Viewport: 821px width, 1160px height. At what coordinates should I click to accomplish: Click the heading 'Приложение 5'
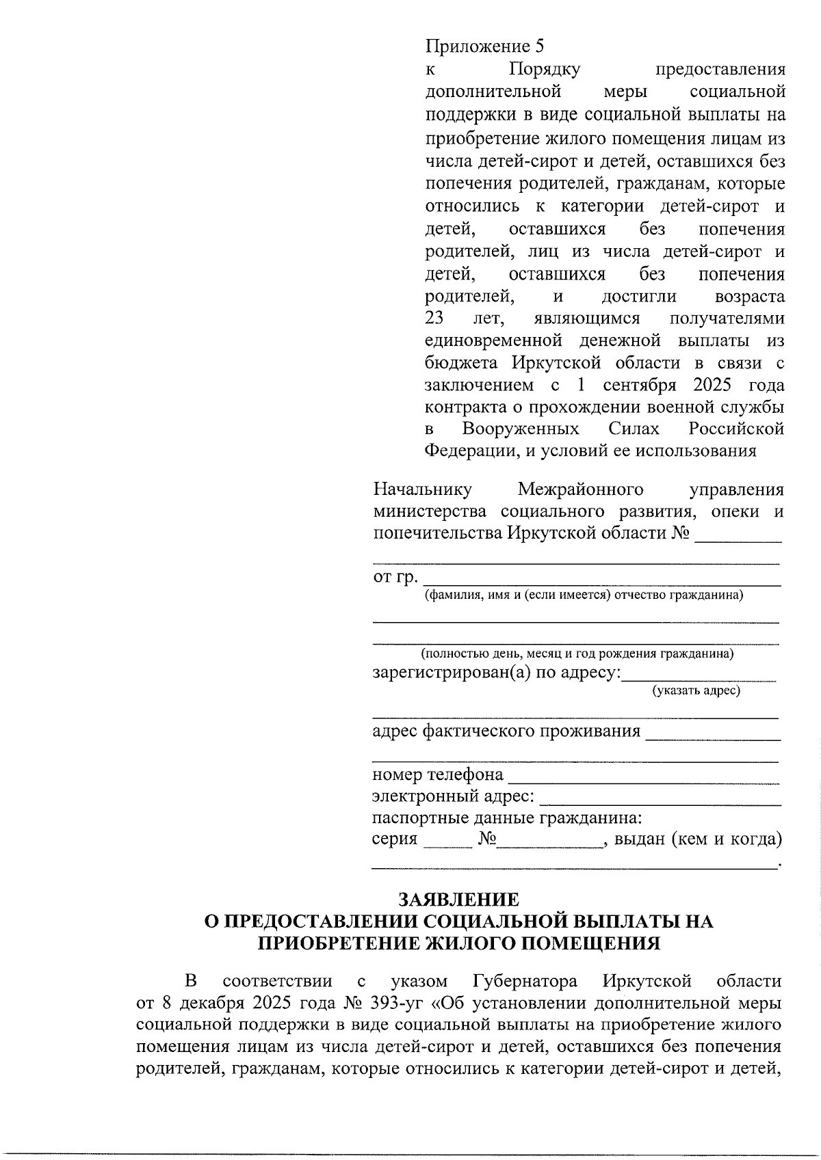point(484,46)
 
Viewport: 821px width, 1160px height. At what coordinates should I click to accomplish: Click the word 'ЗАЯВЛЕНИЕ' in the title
point(459,900)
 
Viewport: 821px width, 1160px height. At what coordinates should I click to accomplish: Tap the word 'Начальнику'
point(422,489)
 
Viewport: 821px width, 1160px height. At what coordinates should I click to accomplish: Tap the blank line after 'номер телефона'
point(644,780)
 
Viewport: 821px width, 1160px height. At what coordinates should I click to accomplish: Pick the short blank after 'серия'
point(447,845)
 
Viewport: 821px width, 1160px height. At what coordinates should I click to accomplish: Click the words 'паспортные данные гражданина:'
point(507,818)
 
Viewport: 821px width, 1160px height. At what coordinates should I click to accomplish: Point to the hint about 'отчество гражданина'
point(584,595)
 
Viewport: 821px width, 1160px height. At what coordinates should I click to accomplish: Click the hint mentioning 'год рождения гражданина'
point(577,653)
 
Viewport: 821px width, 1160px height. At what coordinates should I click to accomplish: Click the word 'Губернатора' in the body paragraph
point(525,982)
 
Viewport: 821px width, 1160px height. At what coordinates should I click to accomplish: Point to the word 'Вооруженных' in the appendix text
point(521,429)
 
